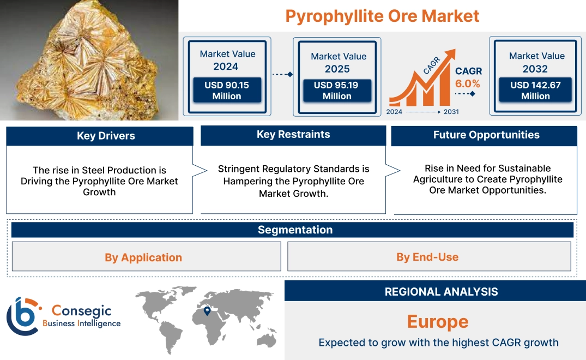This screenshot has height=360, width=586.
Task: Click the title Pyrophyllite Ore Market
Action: [382, 16]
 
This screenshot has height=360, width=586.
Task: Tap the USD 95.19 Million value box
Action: [337, 90]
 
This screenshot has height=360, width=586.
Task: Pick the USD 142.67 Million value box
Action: [535, 90]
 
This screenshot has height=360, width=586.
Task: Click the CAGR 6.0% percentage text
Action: [468, 83]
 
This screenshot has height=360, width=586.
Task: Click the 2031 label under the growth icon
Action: [451, 112]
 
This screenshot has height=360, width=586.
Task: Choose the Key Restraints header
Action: [293, 135]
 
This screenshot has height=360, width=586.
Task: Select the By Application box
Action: [143, 257]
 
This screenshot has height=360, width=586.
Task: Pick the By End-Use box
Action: [427, 257]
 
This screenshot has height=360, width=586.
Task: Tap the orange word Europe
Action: [438, 321]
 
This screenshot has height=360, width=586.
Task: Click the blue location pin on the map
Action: [207, 311]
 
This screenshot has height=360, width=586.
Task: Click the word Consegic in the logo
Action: [82, 310]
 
